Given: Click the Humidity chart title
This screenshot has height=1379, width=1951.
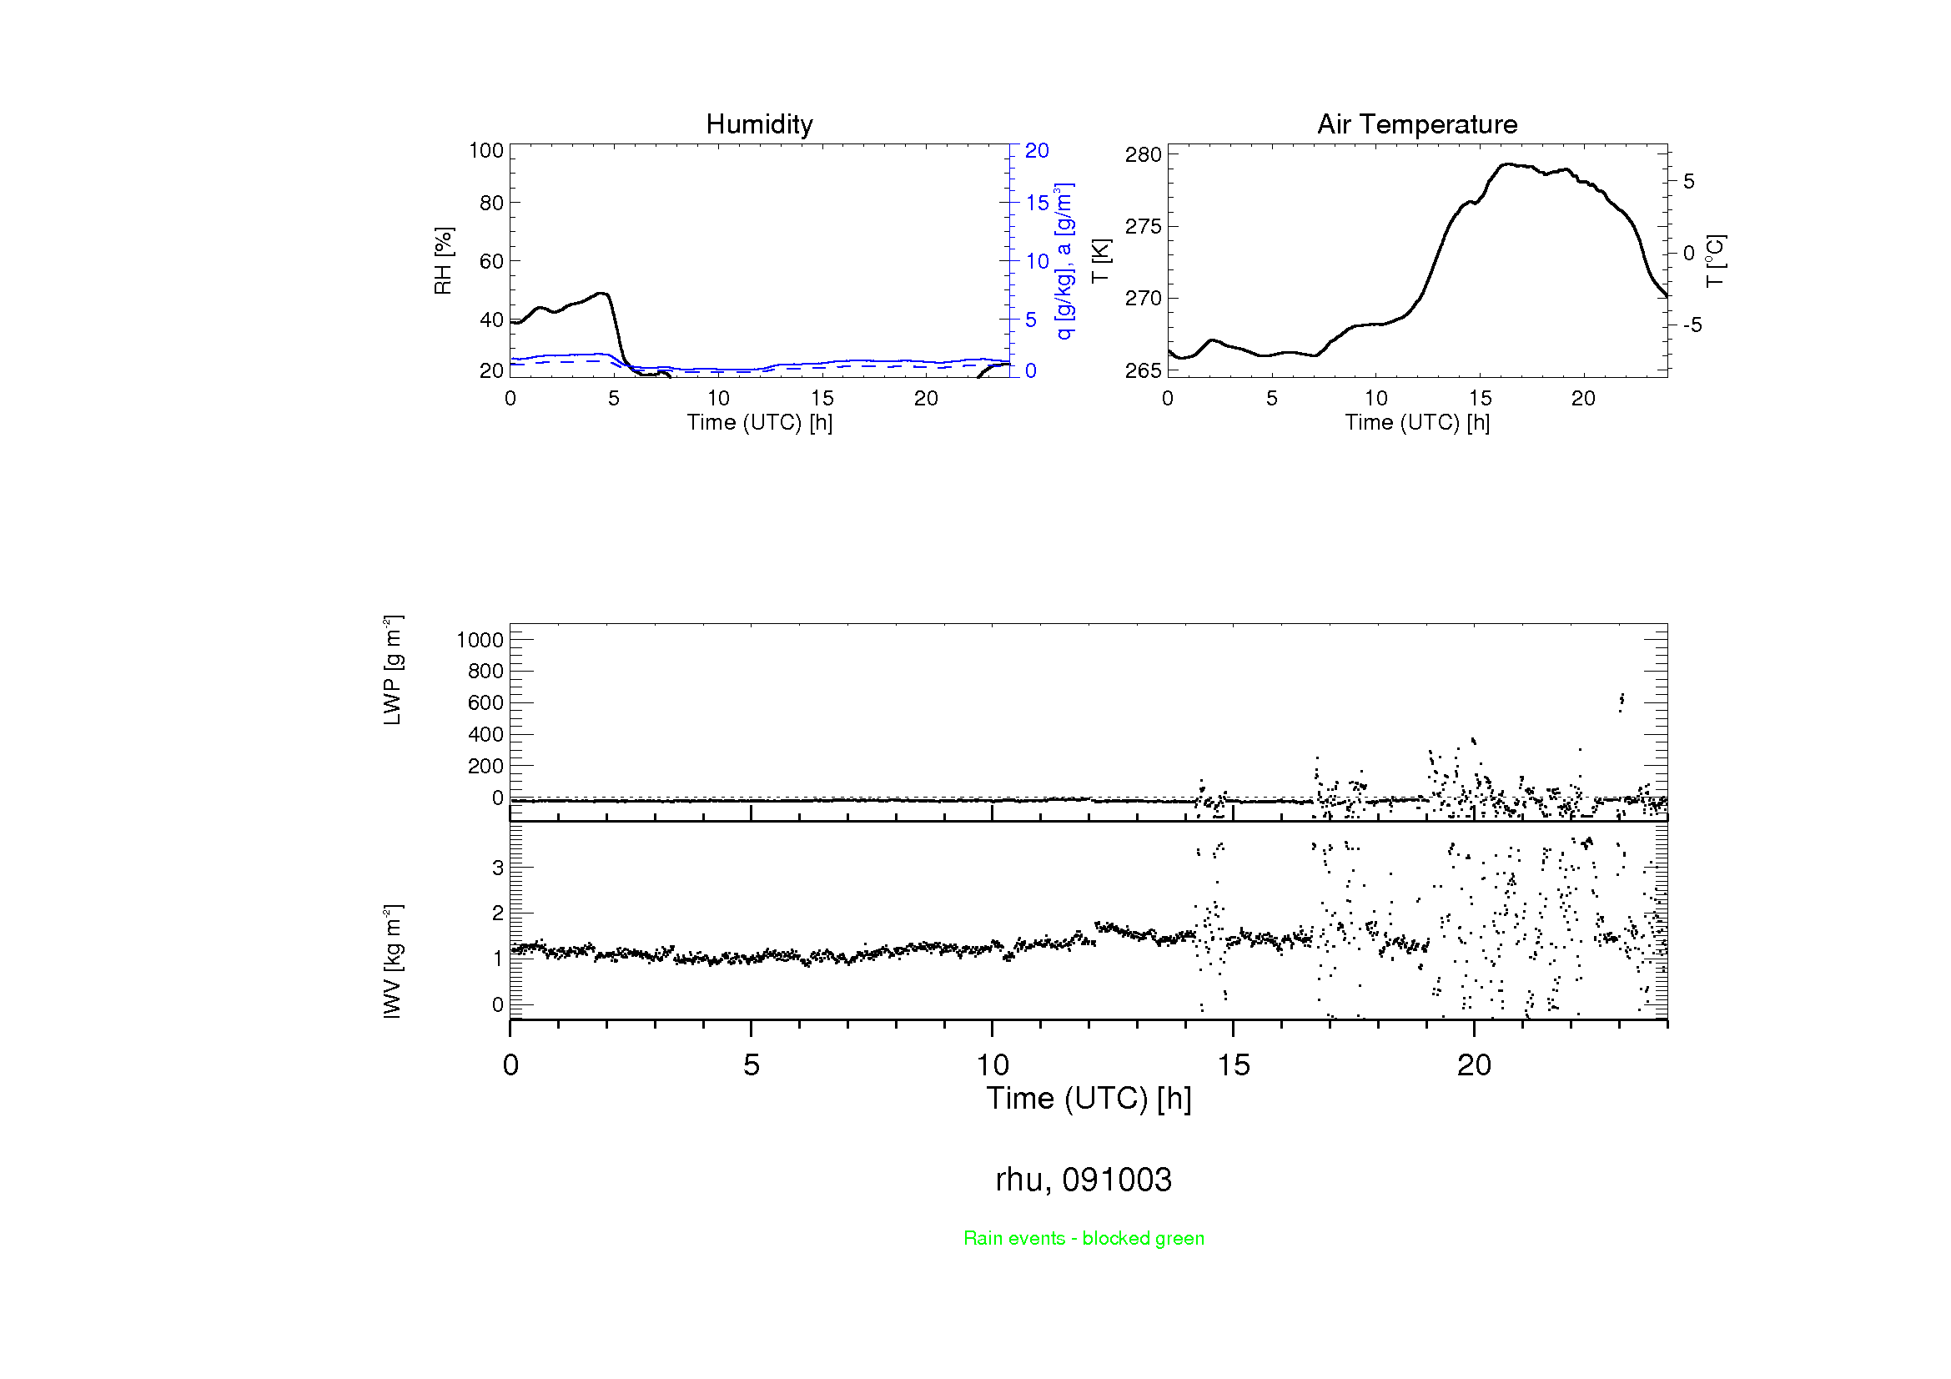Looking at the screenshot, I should pyautogui.click(x=759, y=125).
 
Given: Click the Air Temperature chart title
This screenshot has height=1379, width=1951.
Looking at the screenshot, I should pyautogui.click(x=1416, y=125).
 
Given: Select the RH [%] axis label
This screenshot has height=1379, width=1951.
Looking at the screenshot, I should pyautogui.click(x=443, y=261).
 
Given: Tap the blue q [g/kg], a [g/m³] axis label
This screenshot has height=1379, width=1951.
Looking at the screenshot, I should pyautogui.click(x=1063, y=261).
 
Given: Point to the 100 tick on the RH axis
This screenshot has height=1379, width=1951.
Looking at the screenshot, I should pyautogui.click(x=486, y=151).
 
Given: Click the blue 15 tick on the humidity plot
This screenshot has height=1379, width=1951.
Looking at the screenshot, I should pyautogui.click(x=1037, y=203).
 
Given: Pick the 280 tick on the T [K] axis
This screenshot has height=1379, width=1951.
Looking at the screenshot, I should pyautogui.click(x=1142, y=155).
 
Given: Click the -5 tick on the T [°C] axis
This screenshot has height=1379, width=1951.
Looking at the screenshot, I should pyautogui.click(x=1692, y=325).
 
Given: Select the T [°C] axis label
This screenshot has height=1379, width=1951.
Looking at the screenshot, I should pyautogui.click(x=1715, y=261).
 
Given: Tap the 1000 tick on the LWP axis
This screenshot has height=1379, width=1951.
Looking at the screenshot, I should pyautogui.click(x=480, y=641).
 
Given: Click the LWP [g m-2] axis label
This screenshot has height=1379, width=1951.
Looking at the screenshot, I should pyautogui.click(x=392, y=671).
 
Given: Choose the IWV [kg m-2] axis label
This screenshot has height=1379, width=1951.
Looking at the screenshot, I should pyautogui.click(x=392, y=961).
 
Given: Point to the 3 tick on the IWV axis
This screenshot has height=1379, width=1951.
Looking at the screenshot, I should pyautogui.click(x=498, y=868).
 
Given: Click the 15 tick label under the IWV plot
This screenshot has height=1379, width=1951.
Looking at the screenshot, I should pyautogui.click(x=1233, y=1065).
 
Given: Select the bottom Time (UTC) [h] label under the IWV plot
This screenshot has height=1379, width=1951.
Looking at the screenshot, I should pyautogui.click(x=1089, y=1099).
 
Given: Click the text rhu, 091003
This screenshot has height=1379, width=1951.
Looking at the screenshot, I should pyautogui.click(x=1084, y=1180).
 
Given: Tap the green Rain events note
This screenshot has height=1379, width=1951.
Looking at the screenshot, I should pyautogui.click(x=1084, y=1238).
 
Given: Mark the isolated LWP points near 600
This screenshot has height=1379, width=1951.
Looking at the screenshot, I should pyautogui.click(x=1622, y=701).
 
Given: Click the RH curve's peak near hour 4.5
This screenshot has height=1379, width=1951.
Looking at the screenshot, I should pyautogui.click(x=602, y=293).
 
